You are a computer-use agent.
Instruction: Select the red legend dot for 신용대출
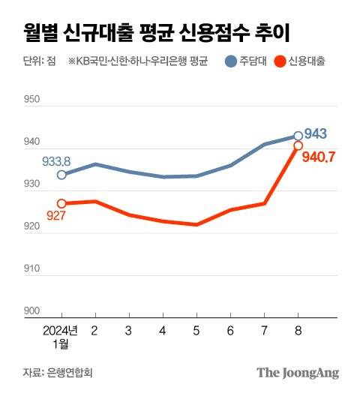281,61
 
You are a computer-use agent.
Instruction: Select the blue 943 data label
315,135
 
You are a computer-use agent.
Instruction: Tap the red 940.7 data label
317,157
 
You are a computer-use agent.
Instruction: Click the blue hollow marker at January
61,174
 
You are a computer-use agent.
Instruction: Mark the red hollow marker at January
61,203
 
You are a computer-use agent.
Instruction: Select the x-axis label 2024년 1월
60,337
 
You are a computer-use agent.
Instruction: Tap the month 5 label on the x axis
196,330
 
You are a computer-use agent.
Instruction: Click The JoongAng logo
298,372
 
